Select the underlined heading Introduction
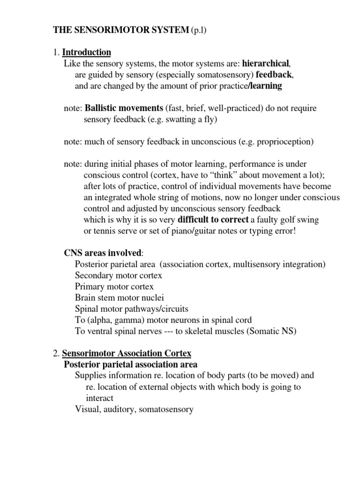coord(87,52)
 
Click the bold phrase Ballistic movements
coord(124,108)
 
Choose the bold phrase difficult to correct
coord(213,219)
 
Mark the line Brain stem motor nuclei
coord(120,297)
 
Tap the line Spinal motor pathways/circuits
coord(132,308)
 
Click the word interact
coord(99,398)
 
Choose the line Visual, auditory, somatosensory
coord(134,409)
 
